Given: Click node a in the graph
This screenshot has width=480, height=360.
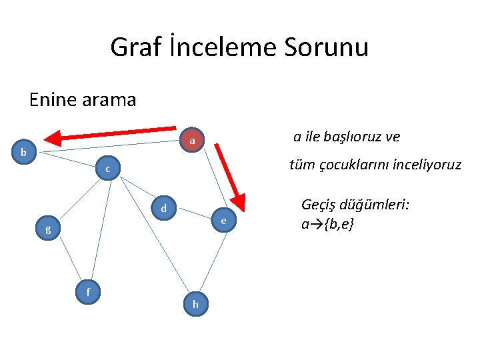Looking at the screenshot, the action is click(x=192, y=141).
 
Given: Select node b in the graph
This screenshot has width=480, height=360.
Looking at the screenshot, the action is click(x=24, y=152).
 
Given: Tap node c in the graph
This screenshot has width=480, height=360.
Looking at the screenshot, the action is click(x=107, y=169).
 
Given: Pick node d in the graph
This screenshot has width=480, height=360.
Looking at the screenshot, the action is click(x=163, y=209).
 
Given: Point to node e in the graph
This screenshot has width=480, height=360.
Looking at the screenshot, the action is click(x=224, y=221).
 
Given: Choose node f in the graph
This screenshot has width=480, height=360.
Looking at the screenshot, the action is click(x=88, y=291).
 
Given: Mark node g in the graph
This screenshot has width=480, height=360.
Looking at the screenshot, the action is click(x=48, y=230).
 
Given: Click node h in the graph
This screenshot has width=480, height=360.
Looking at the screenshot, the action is click(x=195, y=304).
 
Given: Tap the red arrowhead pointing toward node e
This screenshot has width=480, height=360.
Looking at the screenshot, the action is click(x=237, y=203).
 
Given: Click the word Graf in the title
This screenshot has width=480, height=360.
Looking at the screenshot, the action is click(x=131, y=47).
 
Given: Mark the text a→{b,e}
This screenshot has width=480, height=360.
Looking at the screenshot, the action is click(x=327, y=224).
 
